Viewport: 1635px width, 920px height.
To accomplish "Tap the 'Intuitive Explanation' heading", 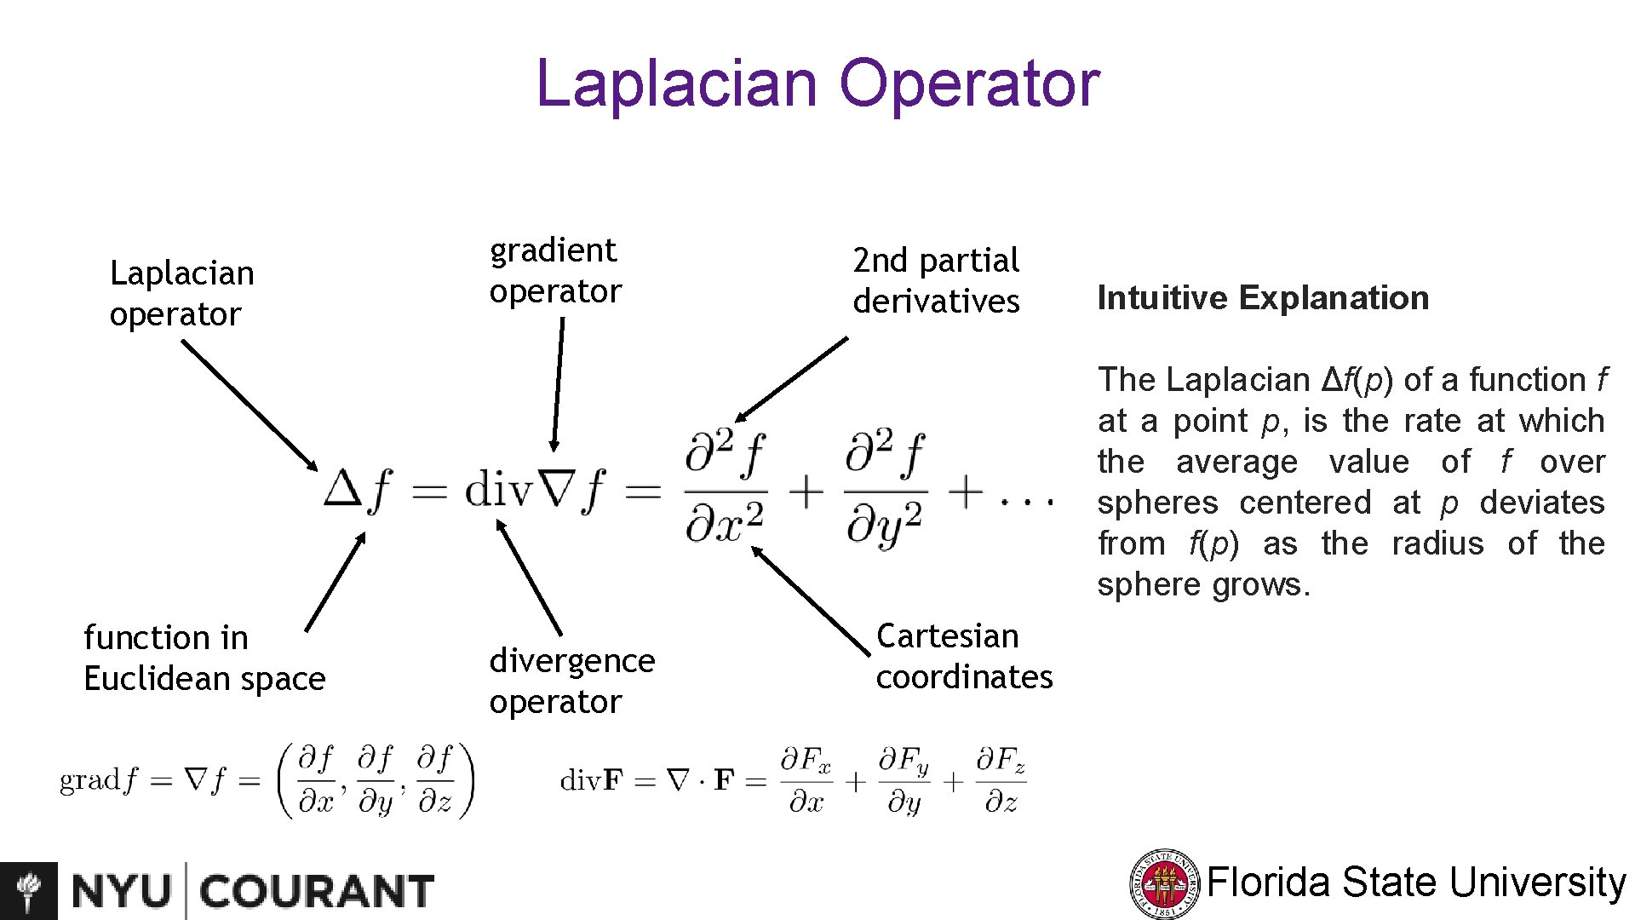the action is (x=1263, y=298).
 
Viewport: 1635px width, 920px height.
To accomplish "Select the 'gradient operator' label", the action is (x=555, y=271).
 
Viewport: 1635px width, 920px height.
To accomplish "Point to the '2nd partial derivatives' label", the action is (x=936, y=280).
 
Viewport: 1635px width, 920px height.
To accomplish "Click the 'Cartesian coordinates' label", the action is (x=964, y=656).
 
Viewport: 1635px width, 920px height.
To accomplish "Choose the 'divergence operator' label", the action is (x=572, y=681).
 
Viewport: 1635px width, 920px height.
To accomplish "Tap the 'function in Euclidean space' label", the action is (x=204, y=658).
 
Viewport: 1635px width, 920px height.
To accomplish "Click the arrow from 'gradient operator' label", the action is (x=558, y=383).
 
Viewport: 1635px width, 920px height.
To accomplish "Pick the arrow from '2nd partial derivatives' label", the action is (x=792, y=379).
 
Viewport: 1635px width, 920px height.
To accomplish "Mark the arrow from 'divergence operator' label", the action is (x=529, y=578).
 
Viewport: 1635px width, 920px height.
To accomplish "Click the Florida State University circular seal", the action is (x=1164, y=884).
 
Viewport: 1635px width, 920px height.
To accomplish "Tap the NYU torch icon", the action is (x=29, y=891).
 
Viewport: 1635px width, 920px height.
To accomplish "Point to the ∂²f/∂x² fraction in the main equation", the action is (x=725, y=489).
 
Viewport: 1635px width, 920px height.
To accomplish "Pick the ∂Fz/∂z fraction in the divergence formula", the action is (x=1001, y=780).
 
